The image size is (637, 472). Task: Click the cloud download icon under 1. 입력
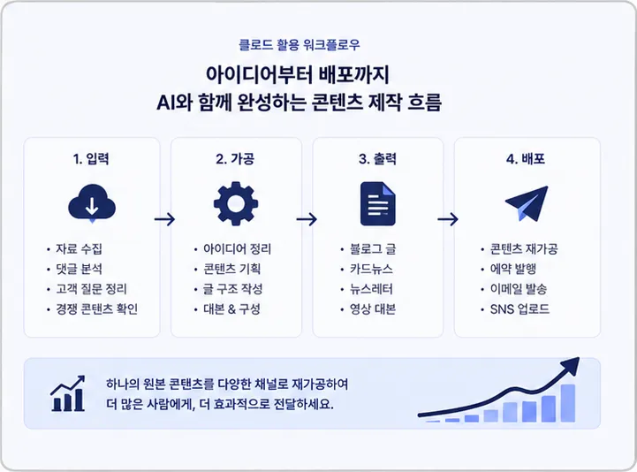[x=92, y=203]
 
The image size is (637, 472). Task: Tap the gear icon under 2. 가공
[x=236, y=203]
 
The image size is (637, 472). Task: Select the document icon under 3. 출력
[x=378, y=203]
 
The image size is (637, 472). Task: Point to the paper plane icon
[x=527, y=203]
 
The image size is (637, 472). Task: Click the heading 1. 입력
[x=91, y=158]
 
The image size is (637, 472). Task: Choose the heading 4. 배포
[x=526, y=158]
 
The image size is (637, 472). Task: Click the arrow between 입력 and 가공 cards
[x=164, y=219]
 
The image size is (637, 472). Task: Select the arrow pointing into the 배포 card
[x=448, y=219]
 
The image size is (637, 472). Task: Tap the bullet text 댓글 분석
[x=80, y=269]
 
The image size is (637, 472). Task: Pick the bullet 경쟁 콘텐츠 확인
[x=97, y=309]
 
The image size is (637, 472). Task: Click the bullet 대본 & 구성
[x=231, y=309]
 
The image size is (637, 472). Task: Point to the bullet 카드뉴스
[x=371, y=269]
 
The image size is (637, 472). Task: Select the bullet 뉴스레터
[x=371, y=289]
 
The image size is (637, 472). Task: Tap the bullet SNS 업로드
[x=519, y=309]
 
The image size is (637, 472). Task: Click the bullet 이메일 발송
[x=519, y=289]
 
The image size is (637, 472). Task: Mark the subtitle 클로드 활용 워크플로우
[x=300, y=44]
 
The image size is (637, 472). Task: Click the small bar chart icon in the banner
[x=68, y=393]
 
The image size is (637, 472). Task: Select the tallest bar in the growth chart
[x=568, y=403]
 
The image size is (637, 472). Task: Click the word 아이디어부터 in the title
[x=259, y=74]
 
